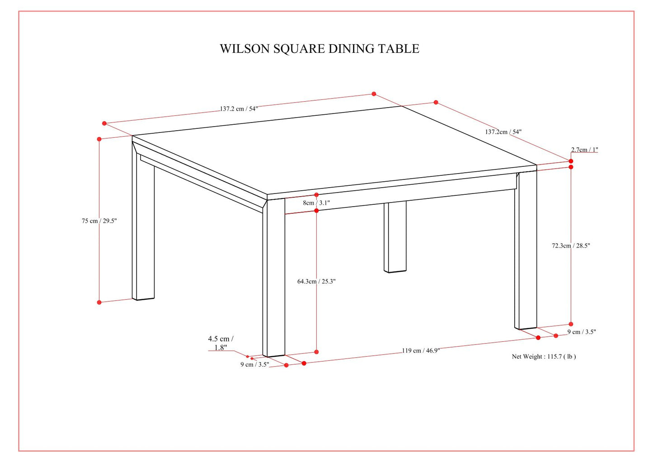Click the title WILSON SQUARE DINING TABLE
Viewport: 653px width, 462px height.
point(319,49)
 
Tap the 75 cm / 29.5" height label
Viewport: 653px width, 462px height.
point(99,221)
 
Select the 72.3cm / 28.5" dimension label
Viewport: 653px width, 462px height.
point(571,246)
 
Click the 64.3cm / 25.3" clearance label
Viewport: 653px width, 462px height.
point(316,282)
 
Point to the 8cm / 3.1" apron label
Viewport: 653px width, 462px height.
point(316,203)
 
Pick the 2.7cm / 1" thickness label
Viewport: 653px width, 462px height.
point(584,150)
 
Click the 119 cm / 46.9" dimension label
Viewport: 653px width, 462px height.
point(421,350)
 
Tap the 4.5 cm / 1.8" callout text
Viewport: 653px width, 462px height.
point(221,343)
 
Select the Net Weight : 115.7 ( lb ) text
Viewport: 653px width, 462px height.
point(544,357)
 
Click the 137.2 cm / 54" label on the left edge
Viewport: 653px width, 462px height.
point(239,109)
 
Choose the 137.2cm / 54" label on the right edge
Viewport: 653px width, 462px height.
point(503,132)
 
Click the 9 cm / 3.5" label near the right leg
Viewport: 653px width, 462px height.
point(582,332)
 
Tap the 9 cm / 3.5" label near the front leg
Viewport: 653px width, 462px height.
point(254,364)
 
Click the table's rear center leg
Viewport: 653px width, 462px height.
point(395,237)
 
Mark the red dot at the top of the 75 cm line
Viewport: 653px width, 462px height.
point(99,139)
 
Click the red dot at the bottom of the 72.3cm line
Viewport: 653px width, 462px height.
point(571,324)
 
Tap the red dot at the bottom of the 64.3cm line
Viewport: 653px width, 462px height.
point(316,352)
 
